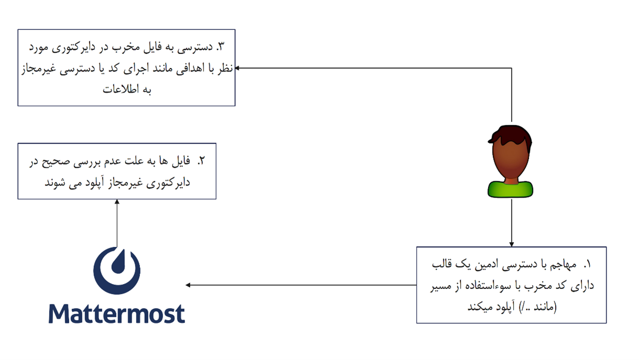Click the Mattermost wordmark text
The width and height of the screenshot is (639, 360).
pyautogui.click(x=117, y=313)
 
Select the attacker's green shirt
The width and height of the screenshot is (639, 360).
pyautogui.click(x=511, y=189)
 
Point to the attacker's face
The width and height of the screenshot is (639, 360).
pyautogui.click(x=511, y=160)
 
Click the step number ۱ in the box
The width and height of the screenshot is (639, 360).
pyautogui.click(x=587, y=265)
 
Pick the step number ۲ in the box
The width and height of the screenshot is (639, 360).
pyautogui.click(x=201, y=161)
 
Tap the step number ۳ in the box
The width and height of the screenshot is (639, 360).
pyautogui.click(x=220, y=47)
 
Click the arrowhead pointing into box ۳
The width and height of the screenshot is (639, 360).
pyautogui.click(x=237, y=68)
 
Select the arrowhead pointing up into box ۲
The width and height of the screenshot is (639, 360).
pyautogui.click(x=117, y=202)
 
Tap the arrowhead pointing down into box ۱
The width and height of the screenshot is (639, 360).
pyautogui.click(x=512, y=245)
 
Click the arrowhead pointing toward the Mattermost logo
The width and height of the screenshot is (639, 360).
pyautogui.click(x=188, y=285)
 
